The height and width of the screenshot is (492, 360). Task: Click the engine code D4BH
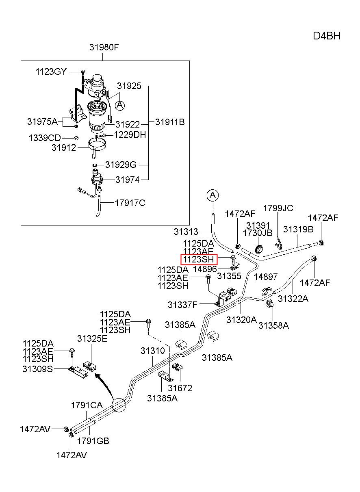(327, 36)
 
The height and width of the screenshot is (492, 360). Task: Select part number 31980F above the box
(104, 47)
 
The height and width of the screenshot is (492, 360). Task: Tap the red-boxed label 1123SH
(199, 259)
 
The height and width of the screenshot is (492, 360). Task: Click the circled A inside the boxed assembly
(120, 106)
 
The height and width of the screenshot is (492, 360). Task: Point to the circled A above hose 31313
(213, 195)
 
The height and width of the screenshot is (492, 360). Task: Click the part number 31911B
(170, 122)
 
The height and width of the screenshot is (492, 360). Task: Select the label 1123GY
(51, 72)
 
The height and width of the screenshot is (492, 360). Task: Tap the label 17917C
(130, 203)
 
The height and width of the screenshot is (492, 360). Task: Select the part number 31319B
(298, 229)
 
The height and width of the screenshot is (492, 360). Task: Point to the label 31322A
(293, 299)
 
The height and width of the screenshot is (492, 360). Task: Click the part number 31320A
(241, 320)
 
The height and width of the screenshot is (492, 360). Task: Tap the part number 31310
(153, 351)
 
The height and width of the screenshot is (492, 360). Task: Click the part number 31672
(180, 388)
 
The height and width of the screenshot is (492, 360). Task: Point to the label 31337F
(182, 305)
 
